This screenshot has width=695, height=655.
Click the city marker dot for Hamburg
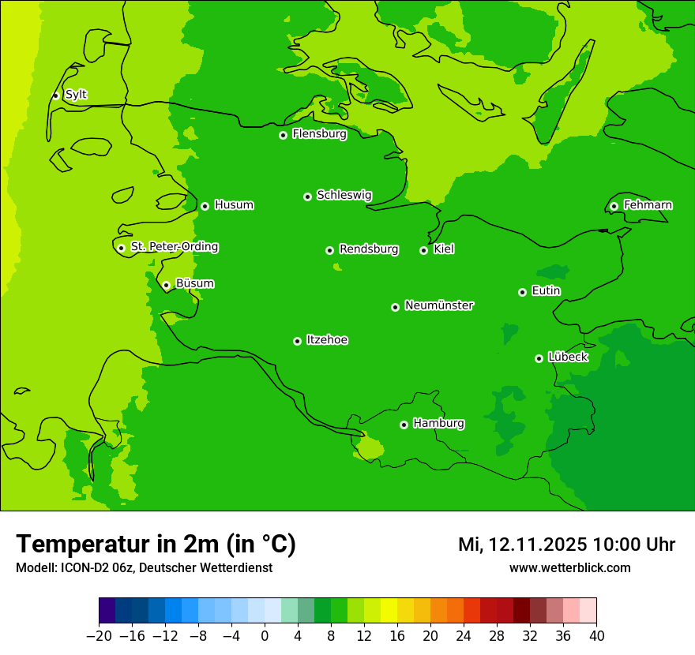(x=404, y=425)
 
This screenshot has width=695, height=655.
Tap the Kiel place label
(x=444, y=249)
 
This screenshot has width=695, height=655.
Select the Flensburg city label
(x=319, y=134)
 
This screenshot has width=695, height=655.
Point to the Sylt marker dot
(x=55, y=95)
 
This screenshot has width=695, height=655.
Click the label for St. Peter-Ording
(x=174, y=247)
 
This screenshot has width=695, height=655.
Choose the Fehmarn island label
(x=648, y=205)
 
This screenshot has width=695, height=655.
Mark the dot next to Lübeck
(x=539, y=358)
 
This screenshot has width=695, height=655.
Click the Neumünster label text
(x=439, y=305)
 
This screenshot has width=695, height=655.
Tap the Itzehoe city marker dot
(x=297, y=341)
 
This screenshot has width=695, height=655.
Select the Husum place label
(x=234, y=205)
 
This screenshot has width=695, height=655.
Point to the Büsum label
(x=194, y=284)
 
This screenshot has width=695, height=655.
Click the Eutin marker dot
(x=522, y=292)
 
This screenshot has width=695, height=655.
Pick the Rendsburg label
(x=369, y=249)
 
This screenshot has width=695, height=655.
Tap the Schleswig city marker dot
(x=307, y=196)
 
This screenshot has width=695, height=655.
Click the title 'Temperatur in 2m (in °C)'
(x=156, y=544)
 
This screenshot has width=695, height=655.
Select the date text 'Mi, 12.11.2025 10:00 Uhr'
(x=566, y=545)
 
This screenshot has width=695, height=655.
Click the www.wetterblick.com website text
(x=569, y=567)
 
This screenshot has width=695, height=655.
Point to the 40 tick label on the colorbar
(x=596, y=636)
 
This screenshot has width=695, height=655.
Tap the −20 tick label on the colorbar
(x=99, y=636)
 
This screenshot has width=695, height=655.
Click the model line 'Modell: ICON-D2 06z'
(x=144, y=567)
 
